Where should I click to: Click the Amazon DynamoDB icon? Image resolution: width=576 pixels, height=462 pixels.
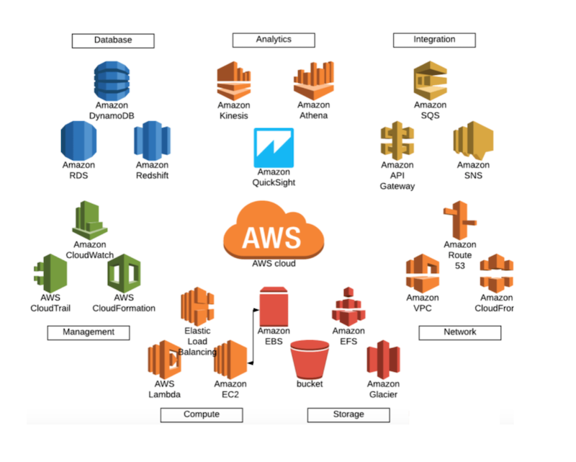112,80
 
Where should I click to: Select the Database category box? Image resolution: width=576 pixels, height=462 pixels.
113,40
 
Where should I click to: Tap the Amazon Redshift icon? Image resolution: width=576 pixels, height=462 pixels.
152,139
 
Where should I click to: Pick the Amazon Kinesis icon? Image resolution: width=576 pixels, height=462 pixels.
234,81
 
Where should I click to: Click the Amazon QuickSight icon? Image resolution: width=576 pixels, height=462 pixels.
274,147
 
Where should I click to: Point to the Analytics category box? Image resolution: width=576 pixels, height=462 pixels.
274,40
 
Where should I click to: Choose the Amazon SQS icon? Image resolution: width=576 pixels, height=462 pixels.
430,80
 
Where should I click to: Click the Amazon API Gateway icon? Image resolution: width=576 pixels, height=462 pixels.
397,140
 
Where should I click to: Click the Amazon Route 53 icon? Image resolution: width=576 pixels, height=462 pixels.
460,220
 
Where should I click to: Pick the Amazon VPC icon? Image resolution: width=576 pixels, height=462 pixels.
423,273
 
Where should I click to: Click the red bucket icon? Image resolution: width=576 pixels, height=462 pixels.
310,358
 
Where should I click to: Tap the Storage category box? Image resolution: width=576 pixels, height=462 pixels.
348,414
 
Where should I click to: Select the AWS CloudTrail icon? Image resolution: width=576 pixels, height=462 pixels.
50,273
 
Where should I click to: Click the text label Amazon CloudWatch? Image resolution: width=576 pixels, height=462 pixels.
90,249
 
